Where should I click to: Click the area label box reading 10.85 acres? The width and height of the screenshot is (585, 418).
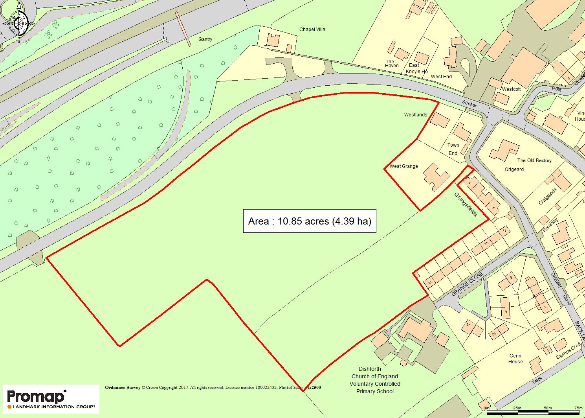click(x=310, y=221)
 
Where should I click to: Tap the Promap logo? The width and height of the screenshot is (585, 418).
click(x=51, y=398)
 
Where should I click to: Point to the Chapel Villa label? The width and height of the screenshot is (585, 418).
click(x=312, y=29)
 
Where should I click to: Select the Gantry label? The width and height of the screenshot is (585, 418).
click(x=205, y=39)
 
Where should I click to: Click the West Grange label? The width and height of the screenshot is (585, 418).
click(x=403, y=166)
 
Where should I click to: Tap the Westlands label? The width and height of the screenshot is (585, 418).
click(x=416, y=115)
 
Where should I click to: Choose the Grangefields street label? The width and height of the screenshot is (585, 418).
click(x=466, y=204)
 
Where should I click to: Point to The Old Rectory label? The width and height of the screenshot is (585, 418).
click(x=534, y=160)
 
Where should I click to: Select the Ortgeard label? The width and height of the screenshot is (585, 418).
click(x=514, y=169)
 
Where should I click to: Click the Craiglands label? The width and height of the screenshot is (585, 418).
click(x=548, y=197)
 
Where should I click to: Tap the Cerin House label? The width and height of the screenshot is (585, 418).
click(x=515, y=359)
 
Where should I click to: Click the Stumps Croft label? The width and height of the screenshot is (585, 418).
click(x=568, y=352)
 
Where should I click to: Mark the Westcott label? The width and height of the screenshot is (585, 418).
click(x=511, y=89)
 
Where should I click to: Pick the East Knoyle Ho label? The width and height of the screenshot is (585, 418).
click(x=416, y=68)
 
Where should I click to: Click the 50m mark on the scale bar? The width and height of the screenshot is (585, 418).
click(x=547, y=408)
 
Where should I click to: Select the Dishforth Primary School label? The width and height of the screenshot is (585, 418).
click(x=375, y=380)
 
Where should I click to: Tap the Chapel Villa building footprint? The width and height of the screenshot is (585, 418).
click(x=273, y=40)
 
